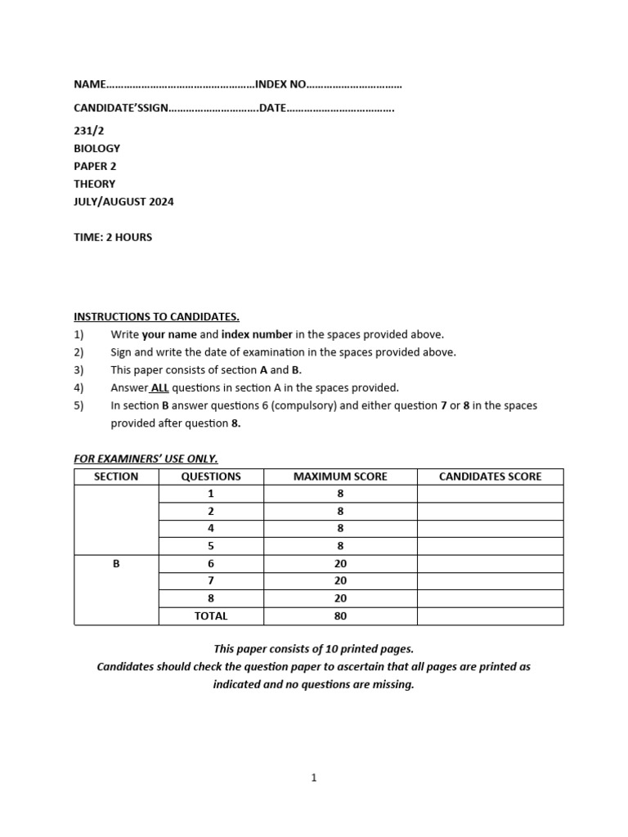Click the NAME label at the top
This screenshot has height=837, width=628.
click(90, 84)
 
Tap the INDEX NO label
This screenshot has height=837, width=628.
click(280, 84)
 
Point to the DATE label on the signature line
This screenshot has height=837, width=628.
click(272, 108)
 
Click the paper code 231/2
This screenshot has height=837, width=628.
click(87, 131)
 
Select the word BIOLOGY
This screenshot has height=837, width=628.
click(96, 149)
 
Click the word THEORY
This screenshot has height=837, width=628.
click(94, 184)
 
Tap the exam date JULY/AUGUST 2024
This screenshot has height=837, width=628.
click(123, 202)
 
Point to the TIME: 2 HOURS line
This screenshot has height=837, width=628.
click(113, 238)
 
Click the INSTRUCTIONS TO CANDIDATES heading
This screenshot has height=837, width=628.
click(156, 317)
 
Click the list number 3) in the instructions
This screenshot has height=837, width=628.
click(79, 370)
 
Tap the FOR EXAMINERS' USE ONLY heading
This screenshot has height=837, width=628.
click(146, 459)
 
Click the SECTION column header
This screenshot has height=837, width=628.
click(116, 477)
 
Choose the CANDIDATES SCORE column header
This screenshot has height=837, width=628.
click(490, 477)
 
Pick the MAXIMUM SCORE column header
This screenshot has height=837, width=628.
click(340, 477)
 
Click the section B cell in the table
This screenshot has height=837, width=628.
click(116, 563)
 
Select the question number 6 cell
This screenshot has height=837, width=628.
click(211, 563)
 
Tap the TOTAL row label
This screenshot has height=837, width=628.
click(211, 616)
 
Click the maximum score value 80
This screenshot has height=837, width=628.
click(340, 616)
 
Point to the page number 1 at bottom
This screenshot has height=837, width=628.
click(314, 778)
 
